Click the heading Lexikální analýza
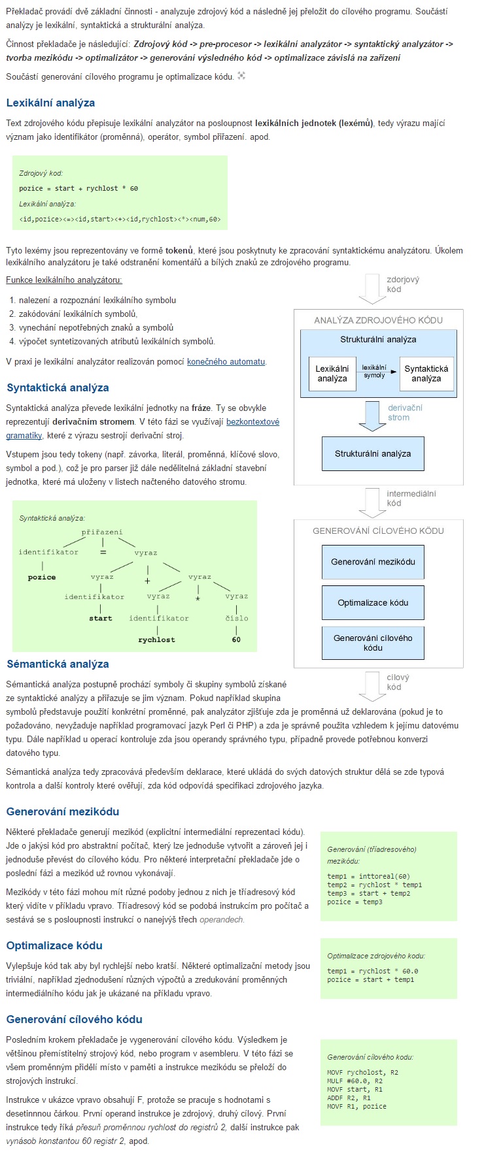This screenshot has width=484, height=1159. [x=50, y=103]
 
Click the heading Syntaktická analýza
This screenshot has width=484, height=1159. [x=58, y=387]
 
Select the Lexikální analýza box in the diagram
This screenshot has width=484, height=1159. [x=332, y=374]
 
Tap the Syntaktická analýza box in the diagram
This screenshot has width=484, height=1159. [x=426, y=374]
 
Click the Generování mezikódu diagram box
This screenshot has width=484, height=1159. [x=373, y=562]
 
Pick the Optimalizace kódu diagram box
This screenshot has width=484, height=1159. [x=373, y=602]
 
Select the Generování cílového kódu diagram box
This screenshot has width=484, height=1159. [x=373, y=643]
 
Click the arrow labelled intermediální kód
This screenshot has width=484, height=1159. [x=373, y=502]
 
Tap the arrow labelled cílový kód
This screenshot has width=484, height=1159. [x=373, y=685]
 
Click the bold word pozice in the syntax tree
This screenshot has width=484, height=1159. [x=42, y=578]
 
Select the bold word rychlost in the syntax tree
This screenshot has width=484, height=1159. [x=156, y=640]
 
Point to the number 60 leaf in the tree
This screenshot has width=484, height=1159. [x=236, y=640]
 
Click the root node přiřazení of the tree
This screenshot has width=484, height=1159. [x=102, y=532]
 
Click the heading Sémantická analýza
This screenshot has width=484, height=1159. [x=58, y=664]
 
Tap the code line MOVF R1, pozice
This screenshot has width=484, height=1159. [x=357, y=1106]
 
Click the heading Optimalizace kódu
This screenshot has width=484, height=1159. [x=54, y=945]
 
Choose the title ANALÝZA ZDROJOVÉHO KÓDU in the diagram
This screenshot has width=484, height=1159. [x=378, y=320]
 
